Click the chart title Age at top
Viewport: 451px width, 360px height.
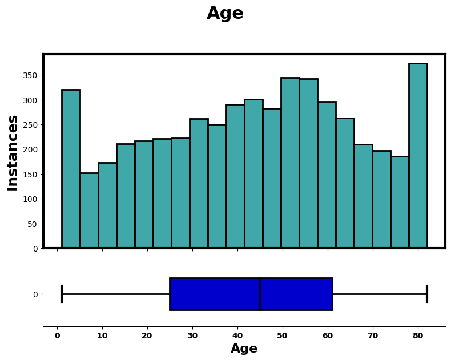coord(225,14)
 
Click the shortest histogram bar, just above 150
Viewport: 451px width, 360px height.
coord(89,211)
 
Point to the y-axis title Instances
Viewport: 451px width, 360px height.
coord(13,152)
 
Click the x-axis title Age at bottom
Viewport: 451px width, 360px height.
coord(244,349)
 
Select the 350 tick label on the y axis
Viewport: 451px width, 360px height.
coord(31,75)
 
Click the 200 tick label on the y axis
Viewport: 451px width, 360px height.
coord(31,149)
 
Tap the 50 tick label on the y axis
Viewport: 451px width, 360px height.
coord(33,224)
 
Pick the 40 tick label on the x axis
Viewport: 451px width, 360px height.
coord(237,336)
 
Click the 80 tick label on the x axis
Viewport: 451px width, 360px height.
coord(418,336)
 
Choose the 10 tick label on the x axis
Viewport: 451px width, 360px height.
coord(102,336)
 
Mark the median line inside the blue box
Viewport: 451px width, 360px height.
coord(260,294)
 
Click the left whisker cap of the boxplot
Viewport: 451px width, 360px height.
coord(62,294)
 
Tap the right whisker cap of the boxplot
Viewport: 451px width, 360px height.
coord(427,294)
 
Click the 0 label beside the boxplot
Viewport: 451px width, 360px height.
coord(35,294)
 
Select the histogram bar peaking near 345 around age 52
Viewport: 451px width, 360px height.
coord(290,163)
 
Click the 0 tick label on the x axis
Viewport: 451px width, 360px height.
coord(57,336)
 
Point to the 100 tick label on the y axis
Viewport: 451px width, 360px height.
coord(31,199)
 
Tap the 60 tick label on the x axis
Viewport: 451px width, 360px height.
coord(328,336)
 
